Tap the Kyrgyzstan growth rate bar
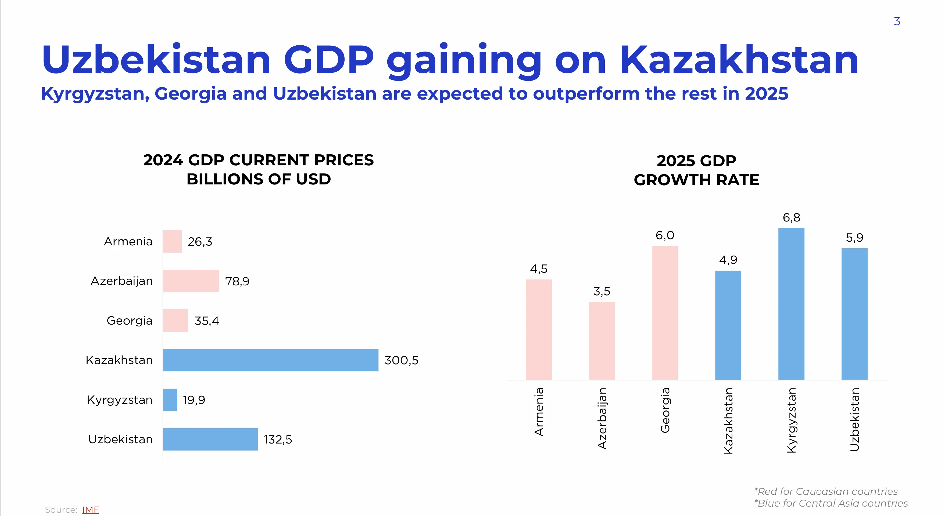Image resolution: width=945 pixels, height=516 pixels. click(791, 304)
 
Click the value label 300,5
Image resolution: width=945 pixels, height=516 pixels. click(401, 360)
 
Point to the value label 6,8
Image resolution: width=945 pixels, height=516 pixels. click(791, 218)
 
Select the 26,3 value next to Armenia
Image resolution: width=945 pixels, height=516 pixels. click(200, 242)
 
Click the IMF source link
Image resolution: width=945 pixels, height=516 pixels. click(90, 509)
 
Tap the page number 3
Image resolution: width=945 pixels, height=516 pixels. click(897, 21)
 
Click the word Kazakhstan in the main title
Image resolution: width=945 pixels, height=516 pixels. click(739, 60)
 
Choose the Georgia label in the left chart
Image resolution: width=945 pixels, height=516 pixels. click(130, 321)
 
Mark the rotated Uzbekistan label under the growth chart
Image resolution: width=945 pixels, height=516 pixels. click(854, 419)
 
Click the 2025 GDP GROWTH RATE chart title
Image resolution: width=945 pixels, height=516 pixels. click(696, 170)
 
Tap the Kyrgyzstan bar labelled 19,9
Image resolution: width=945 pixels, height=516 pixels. click(170, 399)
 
